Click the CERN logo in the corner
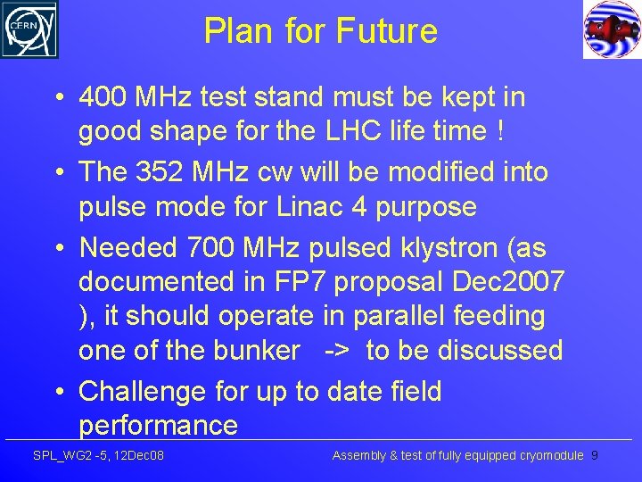pos(29,29)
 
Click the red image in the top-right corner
pos(612,29)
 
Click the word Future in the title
pos(387,31)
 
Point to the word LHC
pos(342,131)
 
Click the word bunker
pos(257,351)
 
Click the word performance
pos(158,425)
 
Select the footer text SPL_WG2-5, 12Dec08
pos(98,456)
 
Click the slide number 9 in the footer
pos(595,456)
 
